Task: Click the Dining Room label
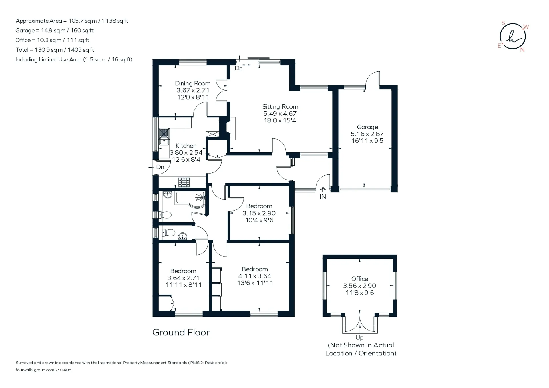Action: [x=193, y=83]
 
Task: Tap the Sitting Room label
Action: [x=280, y=107]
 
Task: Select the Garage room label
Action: [x=367, y=127]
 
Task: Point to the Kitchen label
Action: [x=186, y=146]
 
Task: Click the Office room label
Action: [x=360, y=279]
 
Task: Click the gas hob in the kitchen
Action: [x=184, y=182]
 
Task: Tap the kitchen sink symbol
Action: [x=164, y=137]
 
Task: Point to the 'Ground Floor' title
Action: [x=181, y=332]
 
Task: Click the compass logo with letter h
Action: [x=513, y=37]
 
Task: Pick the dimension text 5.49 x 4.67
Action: [x=280, y=114]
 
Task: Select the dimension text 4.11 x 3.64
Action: [x=255, y=276]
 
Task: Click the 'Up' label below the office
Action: [x=359, y=338]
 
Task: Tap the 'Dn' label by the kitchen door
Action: [x=160, y=167]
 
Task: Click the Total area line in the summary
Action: [x=55, y=50]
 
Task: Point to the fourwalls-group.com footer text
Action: [x=43, y=370]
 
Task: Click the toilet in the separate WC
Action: [x=168, y=232]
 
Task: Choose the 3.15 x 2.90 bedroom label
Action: [x=259, y=213]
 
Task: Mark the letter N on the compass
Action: [x=522, y=50]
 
